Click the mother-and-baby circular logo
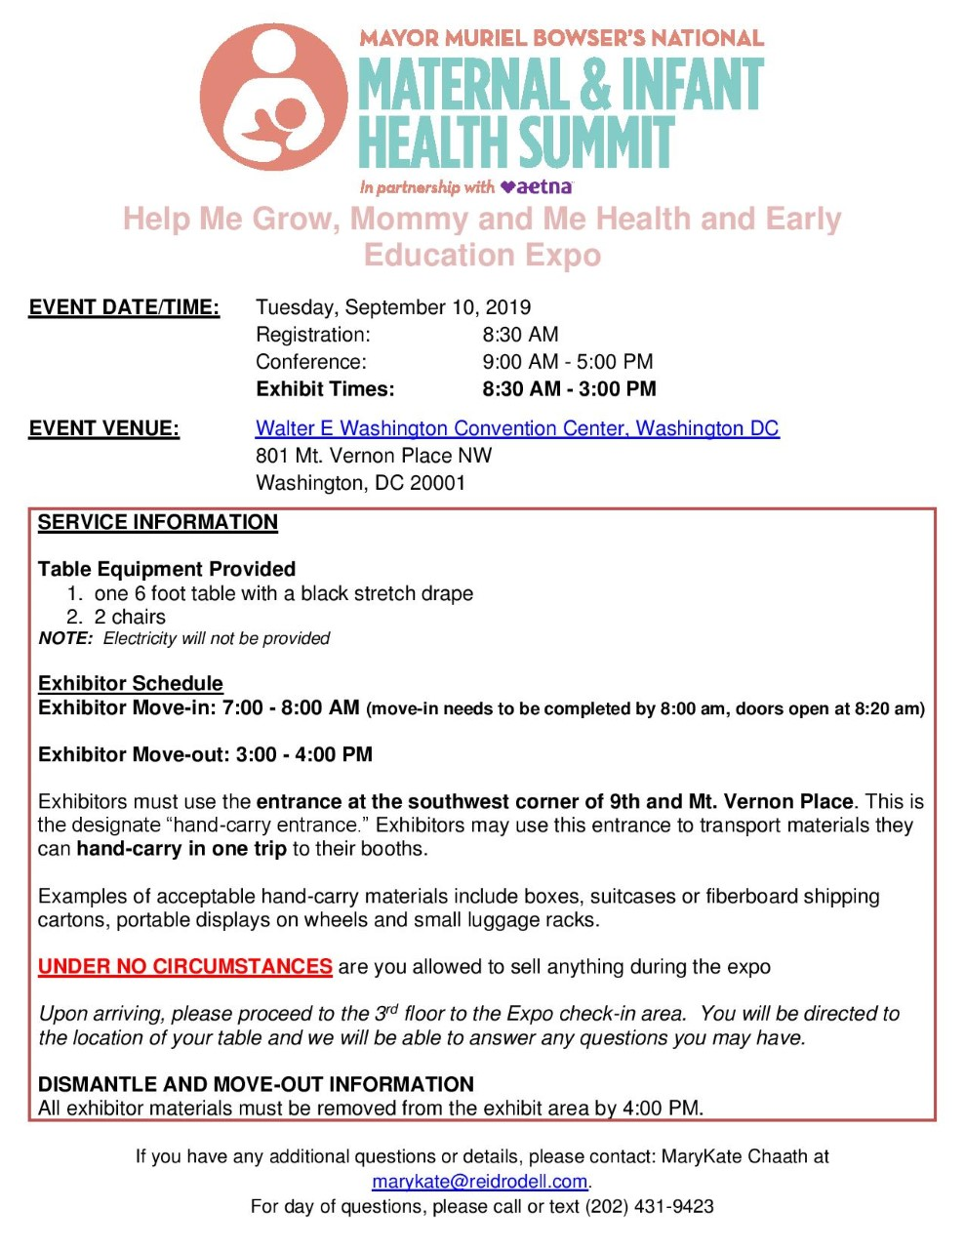click(x=274, y=98)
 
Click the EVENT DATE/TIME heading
click(x=124, y=307)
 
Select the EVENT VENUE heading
click(x=104, y=428)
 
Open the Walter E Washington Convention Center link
click(x=517, y=428)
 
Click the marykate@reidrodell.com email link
click(x=480, y=1182)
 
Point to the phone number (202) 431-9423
click(x=649, y=1206)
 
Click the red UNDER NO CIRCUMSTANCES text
click(x=185, y=967)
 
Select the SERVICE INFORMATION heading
click(x=158, y=522)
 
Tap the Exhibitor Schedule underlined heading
click(x=131, y=683)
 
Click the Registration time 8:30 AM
click(x=520, y=335)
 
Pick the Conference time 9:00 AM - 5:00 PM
click(x=567, y=362)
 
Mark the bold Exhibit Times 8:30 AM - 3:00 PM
click(x=569, y=389)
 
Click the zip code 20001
click(x=437, y=483)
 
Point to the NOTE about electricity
click(x=184, y=639)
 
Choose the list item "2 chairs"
click(x=130, y=617)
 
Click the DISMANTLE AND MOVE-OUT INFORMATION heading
click(x=256, y=1084)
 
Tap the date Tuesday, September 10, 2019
click(x=393, y=307)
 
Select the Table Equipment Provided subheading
click(x=167, y=569)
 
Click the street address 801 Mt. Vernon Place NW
click(x=374, y=456)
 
